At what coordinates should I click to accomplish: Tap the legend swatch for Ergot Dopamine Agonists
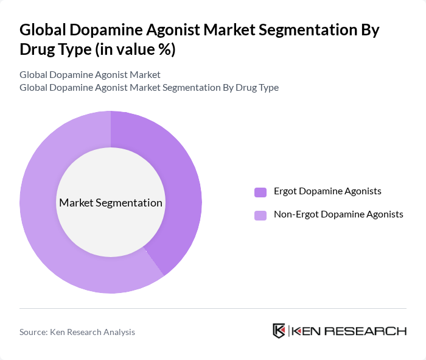260,192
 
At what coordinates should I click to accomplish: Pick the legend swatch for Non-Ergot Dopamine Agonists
260,215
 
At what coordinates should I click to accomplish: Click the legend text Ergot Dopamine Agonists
327,191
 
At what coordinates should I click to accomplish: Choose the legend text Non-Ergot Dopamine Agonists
338,214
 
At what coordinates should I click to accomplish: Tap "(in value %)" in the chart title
135,50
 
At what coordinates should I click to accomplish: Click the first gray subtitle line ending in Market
90,75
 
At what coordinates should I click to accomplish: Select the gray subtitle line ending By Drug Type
149,87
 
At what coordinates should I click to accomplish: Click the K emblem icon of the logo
279,331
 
